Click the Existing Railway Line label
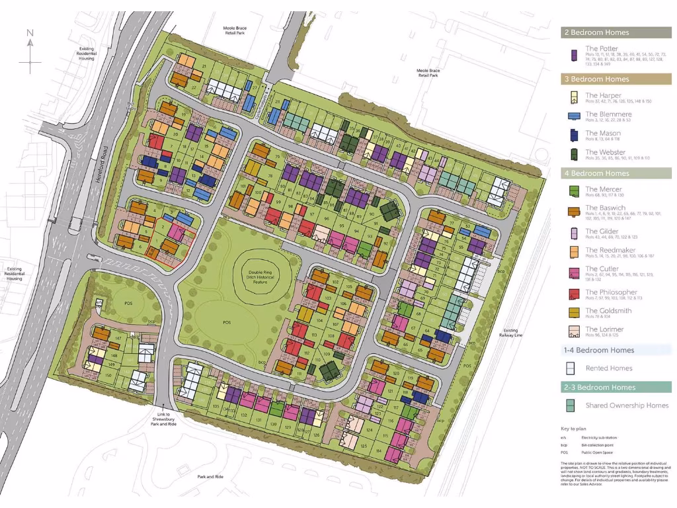coord(510,333)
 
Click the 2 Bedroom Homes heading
coord(596,32)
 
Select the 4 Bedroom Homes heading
coord(596,173)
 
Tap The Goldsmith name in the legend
coord(608,311)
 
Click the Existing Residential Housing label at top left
coord(87,54)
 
